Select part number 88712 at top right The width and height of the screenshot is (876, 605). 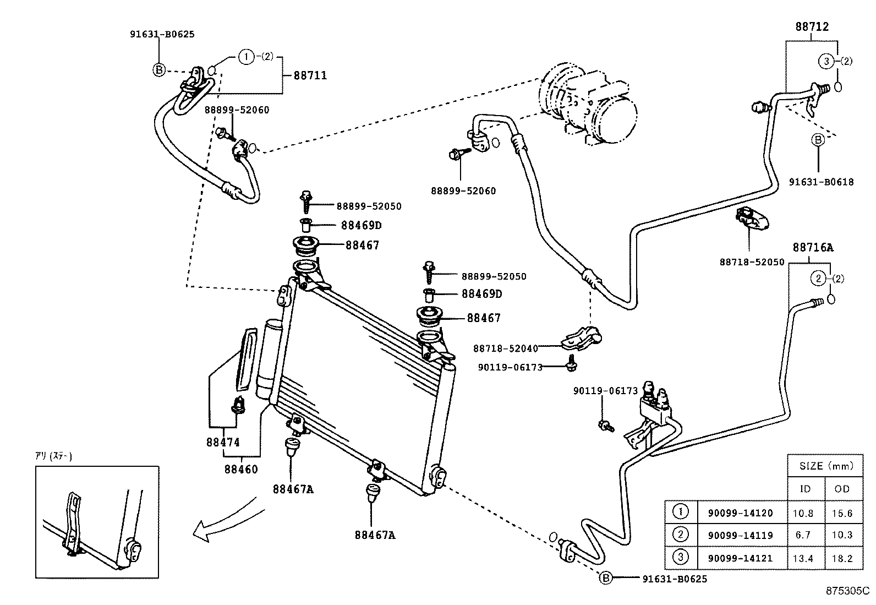tap(812, 26)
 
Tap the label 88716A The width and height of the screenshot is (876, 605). tap(813, 248)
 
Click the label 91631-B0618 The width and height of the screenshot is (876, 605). tap(821, 182)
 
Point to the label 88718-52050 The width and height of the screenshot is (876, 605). tap(752, 263)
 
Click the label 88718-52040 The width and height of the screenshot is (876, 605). tap(506, 348)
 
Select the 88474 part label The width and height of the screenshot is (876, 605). tap(223, 442)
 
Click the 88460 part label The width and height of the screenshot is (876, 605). tap(240, 470)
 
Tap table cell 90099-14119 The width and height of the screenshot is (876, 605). tap(740, 535)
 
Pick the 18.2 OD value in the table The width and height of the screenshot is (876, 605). tap(842, 558)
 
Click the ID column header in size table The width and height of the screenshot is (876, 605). tap(805, 489)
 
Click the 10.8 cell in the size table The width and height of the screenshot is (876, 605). tap(805, 513)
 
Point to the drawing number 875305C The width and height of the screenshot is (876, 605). tap(846, 592)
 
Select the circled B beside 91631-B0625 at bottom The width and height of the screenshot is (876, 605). tap(605, 578)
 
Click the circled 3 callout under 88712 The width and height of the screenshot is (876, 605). tap(826, 62)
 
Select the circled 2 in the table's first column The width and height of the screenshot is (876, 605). tap(681, 535)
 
